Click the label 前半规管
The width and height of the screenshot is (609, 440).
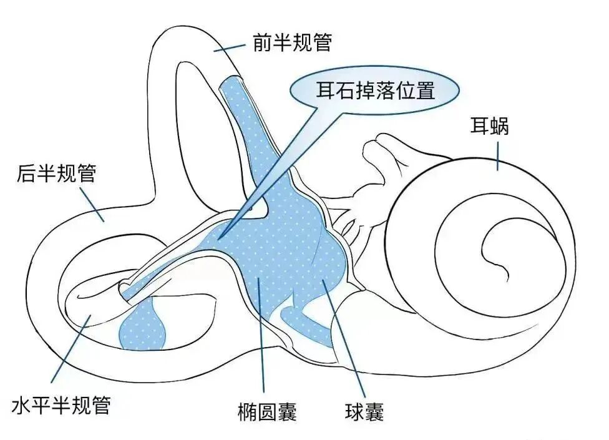point(291,42)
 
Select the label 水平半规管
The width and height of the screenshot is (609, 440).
point(61,406)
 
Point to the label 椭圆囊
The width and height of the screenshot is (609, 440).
point(267,412)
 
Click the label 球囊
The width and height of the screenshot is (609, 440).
point(363,412)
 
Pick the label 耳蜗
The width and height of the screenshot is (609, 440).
point(490,126)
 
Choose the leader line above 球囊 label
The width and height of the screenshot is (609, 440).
point(342,338)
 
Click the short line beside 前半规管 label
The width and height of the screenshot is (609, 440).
point(231,47)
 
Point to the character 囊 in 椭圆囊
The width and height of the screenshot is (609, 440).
point(286,412)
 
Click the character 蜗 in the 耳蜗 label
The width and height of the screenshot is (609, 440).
point(500,126)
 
